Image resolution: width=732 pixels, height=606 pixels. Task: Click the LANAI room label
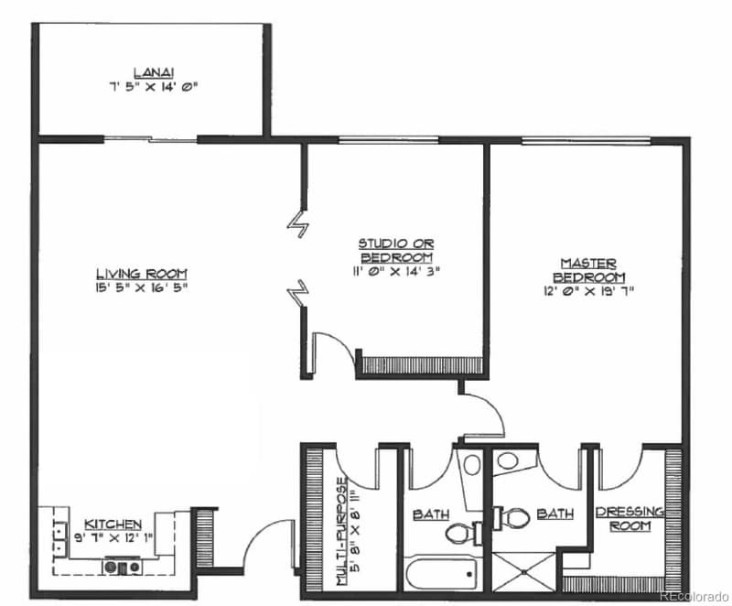tap(153, 72)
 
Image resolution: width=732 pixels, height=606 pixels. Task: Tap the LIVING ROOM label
tap(142, 273)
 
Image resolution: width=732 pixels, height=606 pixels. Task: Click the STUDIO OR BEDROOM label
tap(395, 250)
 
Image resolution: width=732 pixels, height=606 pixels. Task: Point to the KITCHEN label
tap(113, 525)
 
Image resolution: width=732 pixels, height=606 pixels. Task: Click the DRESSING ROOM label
tap(630, 519)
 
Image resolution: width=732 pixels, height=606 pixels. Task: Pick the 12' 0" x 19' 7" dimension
tap(588, 290)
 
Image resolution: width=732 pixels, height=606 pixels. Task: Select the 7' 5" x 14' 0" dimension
tap(153, 87)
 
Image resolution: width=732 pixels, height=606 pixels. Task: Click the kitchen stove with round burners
tap(123, 567)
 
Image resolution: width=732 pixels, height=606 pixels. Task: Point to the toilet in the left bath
tap(460, 532)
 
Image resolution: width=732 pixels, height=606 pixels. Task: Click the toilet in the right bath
tap(515, 518)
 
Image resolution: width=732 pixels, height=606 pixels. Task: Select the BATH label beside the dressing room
tap(554, 514)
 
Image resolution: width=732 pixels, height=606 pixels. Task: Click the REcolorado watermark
tap(693, 593)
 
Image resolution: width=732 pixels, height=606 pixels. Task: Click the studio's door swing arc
tap(332, 352)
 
